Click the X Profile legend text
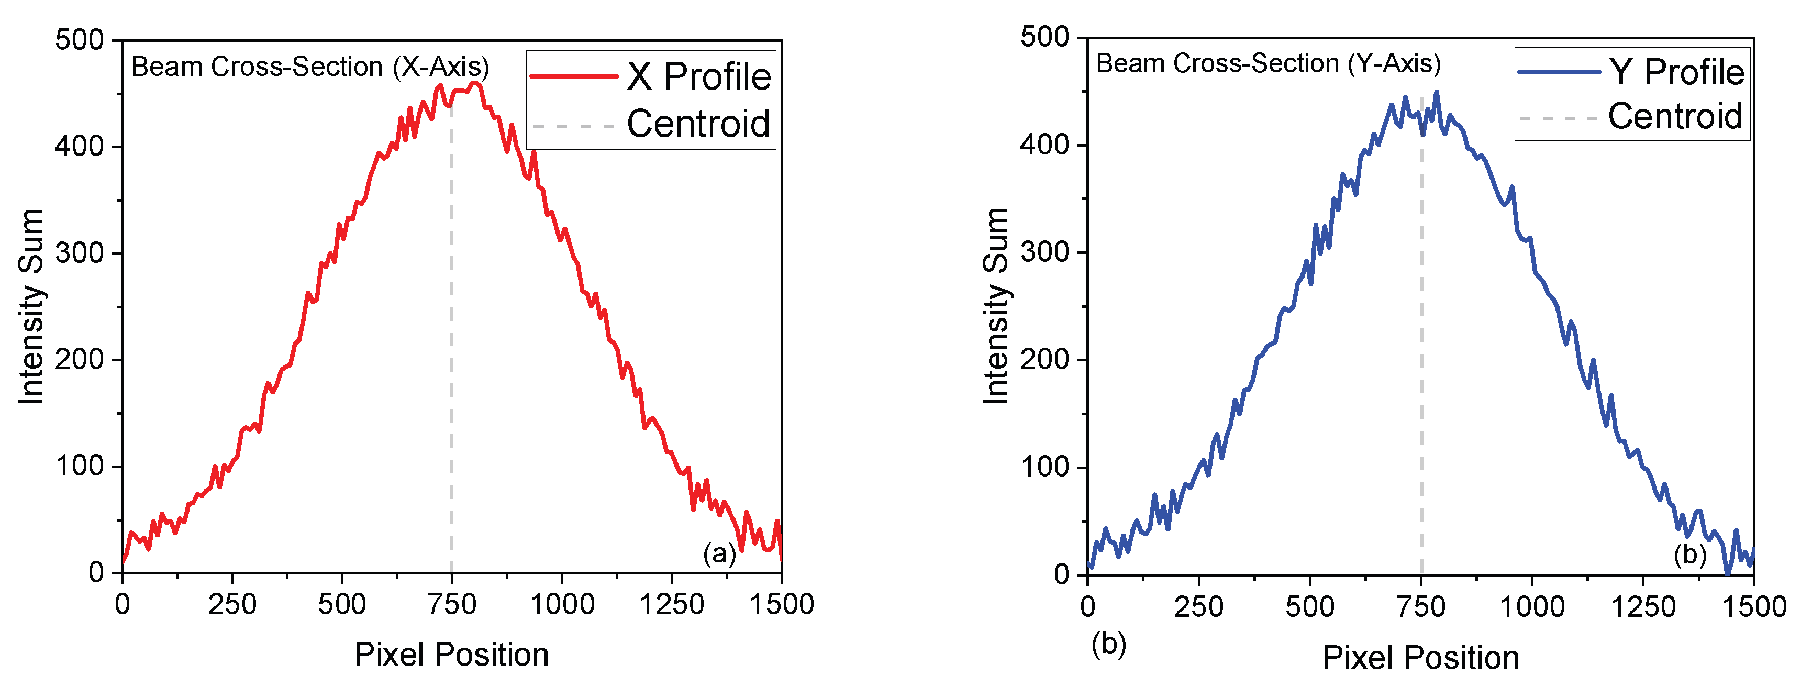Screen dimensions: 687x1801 tap(698, 76)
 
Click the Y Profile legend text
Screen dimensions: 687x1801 tap(1676, 72)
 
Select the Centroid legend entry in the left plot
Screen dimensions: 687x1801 tap(698, 124)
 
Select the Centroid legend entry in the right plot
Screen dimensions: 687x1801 tap(1675, 116)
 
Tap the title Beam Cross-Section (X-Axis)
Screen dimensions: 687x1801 tap(310, 67)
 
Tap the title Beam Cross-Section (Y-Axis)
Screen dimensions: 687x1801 tap(1268, 64)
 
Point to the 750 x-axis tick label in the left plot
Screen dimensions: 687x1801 tap(452, 604)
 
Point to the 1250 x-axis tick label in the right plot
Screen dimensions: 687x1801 tap(1643, 606)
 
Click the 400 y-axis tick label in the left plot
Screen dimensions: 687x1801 tap(79, 147)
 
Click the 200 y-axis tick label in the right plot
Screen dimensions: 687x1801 tap(1044, 360)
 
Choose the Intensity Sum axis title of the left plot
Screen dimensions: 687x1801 tap(31, 306)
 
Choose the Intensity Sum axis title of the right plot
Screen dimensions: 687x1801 tap(996, 306)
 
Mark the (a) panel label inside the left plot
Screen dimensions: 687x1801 tap(719, 553)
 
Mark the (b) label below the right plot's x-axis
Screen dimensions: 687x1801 tap(1109, 644)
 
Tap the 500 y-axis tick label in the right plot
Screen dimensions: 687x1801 tap(1044, 37)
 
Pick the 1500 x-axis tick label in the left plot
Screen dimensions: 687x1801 tap(782, 604)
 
